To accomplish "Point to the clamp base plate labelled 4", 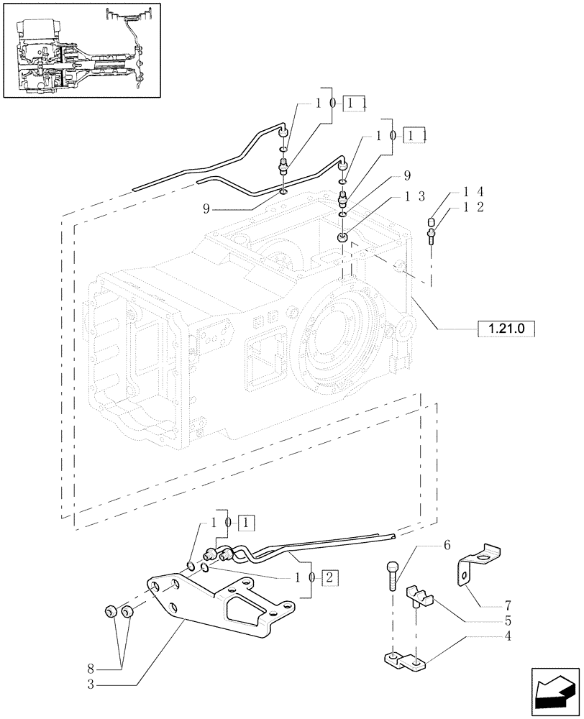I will [x=406, y=660].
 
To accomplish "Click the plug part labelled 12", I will [x=432, y=234].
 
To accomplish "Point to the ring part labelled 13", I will [x=344, y=237].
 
